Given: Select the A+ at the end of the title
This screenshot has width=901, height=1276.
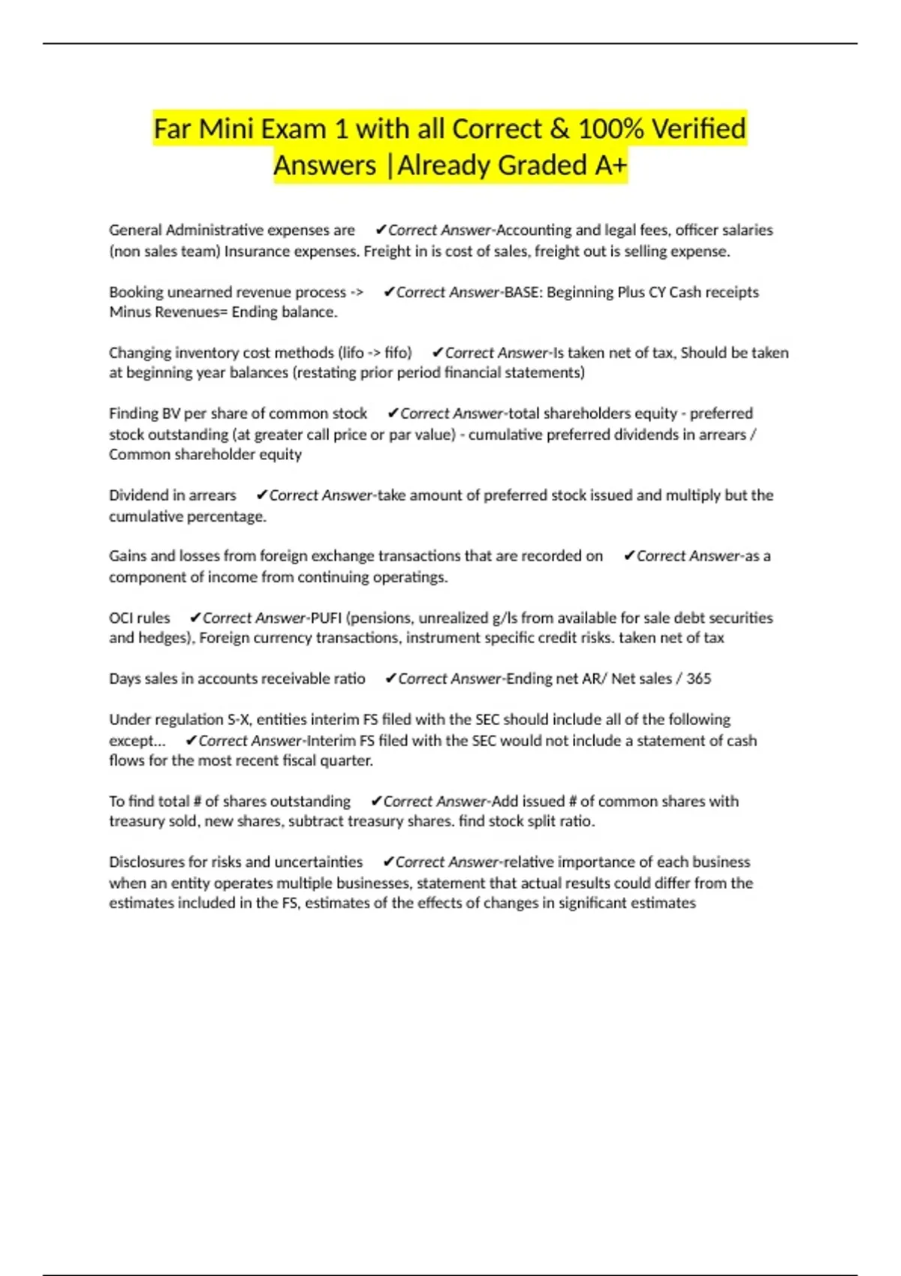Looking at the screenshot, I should tap(610, 166).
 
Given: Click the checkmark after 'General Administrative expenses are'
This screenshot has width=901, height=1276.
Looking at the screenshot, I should tap(381, 230).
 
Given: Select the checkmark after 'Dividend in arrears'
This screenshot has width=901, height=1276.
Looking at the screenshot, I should tap(262, 495).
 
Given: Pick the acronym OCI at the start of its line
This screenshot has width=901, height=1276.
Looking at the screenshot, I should tap(123, 618).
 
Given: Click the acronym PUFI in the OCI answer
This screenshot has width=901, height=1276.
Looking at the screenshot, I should tap(326, 618).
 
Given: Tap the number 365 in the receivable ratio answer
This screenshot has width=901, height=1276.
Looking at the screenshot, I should tap(698, 679).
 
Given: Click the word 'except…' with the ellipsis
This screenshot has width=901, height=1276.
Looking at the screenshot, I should tap(137, 741).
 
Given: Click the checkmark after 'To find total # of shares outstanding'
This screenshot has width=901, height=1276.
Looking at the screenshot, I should tap(376, 802).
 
